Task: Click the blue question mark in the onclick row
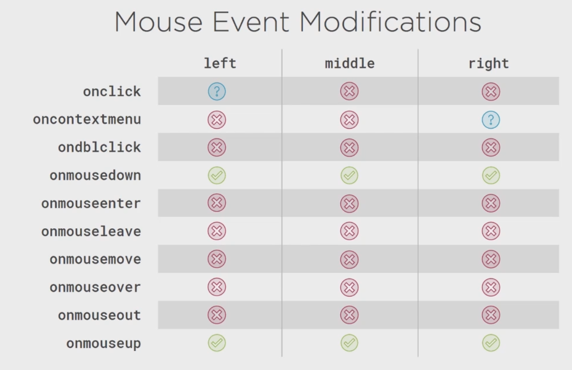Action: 217,91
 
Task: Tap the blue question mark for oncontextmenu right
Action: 491,120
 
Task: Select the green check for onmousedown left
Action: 217,176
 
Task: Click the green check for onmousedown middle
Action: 349,176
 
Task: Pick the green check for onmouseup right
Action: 491,343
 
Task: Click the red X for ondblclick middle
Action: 349,147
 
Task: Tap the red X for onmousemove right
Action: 491,259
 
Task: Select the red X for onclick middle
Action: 349,91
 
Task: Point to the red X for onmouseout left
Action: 217,315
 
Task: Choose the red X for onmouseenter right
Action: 491,203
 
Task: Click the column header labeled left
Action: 220,63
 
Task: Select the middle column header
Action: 349,64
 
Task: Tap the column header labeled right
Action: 488,64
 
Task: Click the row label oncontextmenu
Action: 87,119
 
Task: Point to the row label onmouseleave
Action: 91,231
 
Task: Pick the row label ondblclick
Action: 99,147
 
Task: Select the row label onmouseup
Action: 103,344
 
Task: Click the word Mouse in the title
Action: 158,22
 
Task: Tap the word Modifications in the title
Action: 390,22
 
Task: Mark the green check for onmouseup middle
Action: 349,343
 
